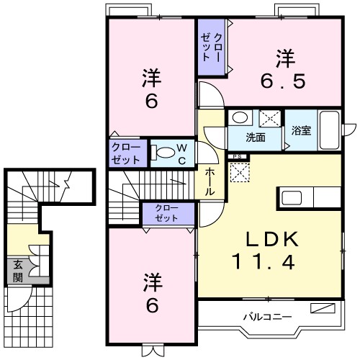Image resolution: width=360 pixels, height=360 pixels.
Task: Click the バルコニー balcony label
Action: pyautogui.click(x=266, y=316)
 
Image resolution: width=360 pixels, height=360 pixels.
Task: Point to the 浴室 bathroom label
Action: pyautogui.click(x=301, y=131)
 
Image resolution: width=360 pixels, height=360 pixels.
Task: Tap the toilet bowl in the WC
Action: pyautogui.click(x=166, y=152)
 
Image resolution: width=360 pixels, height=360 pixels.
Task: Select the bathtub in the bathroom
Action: pyautogui.click(x=330, y=130)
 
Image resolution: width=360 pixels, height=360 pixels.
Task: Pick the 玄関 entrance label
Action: pyautogui.click(x=17, y=271)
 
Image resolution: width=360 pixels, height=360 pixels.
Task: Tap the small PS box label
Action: pyautogui.click(x=236, y=156)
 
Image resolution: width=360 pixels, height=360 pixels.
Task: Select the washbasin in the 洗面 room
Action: pyautogui.click(x=240, y=118)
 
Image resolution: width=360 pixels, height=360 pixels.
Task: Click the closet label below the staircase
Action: pyautogui.click(x=168, y=213)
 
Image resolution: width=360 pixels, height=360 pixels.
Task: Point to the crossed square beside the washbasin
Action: pyautogui.click(x=269, y=119)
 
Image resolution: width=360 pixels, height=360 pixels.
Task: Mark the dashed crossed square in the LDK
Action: pyautogui.click(x=238, y=172)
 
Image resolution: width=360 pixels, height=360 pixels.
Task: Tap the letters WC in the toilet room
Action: pyautogui.click(x=183, y=152)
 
